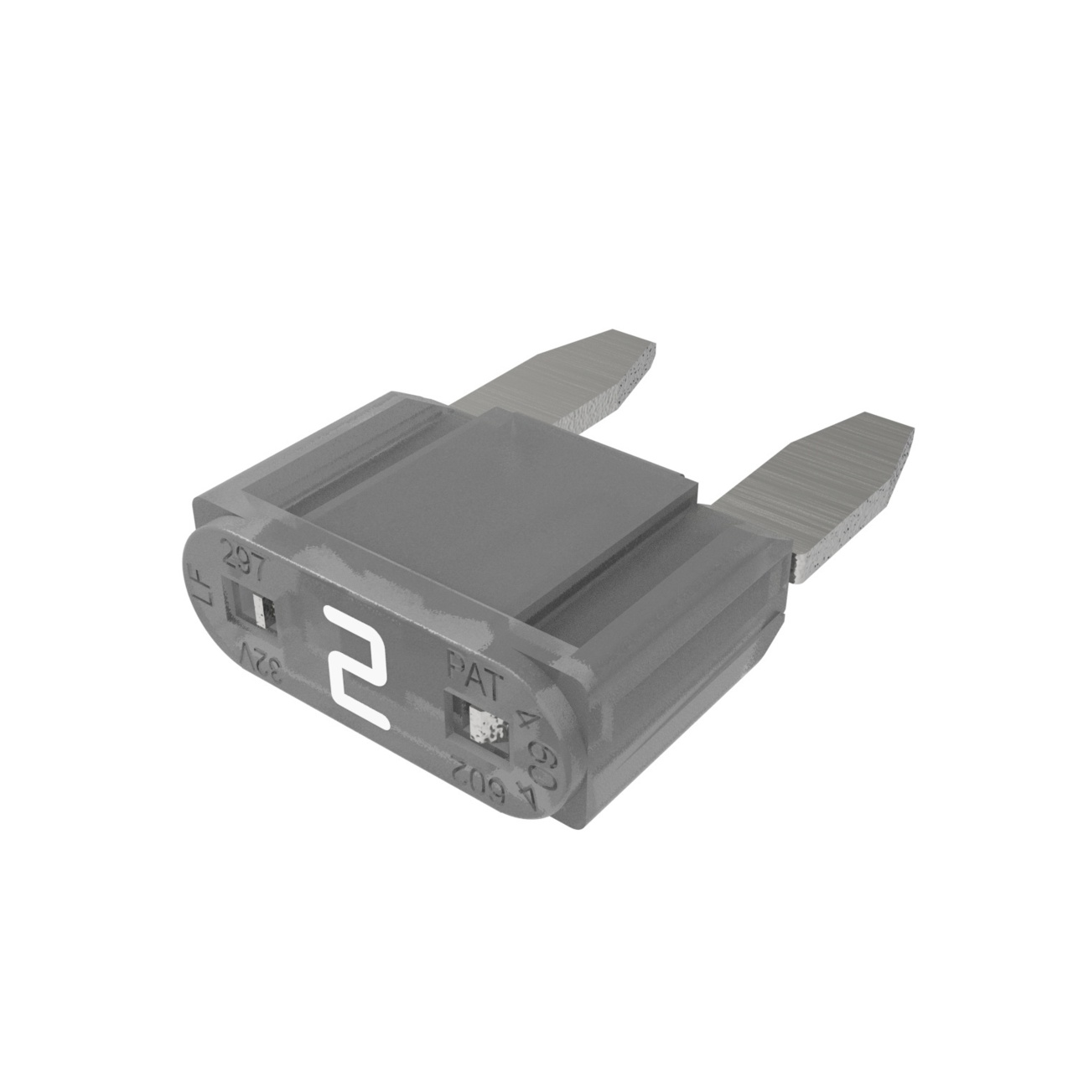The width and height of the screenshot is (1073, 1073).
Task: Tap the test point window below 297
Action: tap(256, 607)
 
